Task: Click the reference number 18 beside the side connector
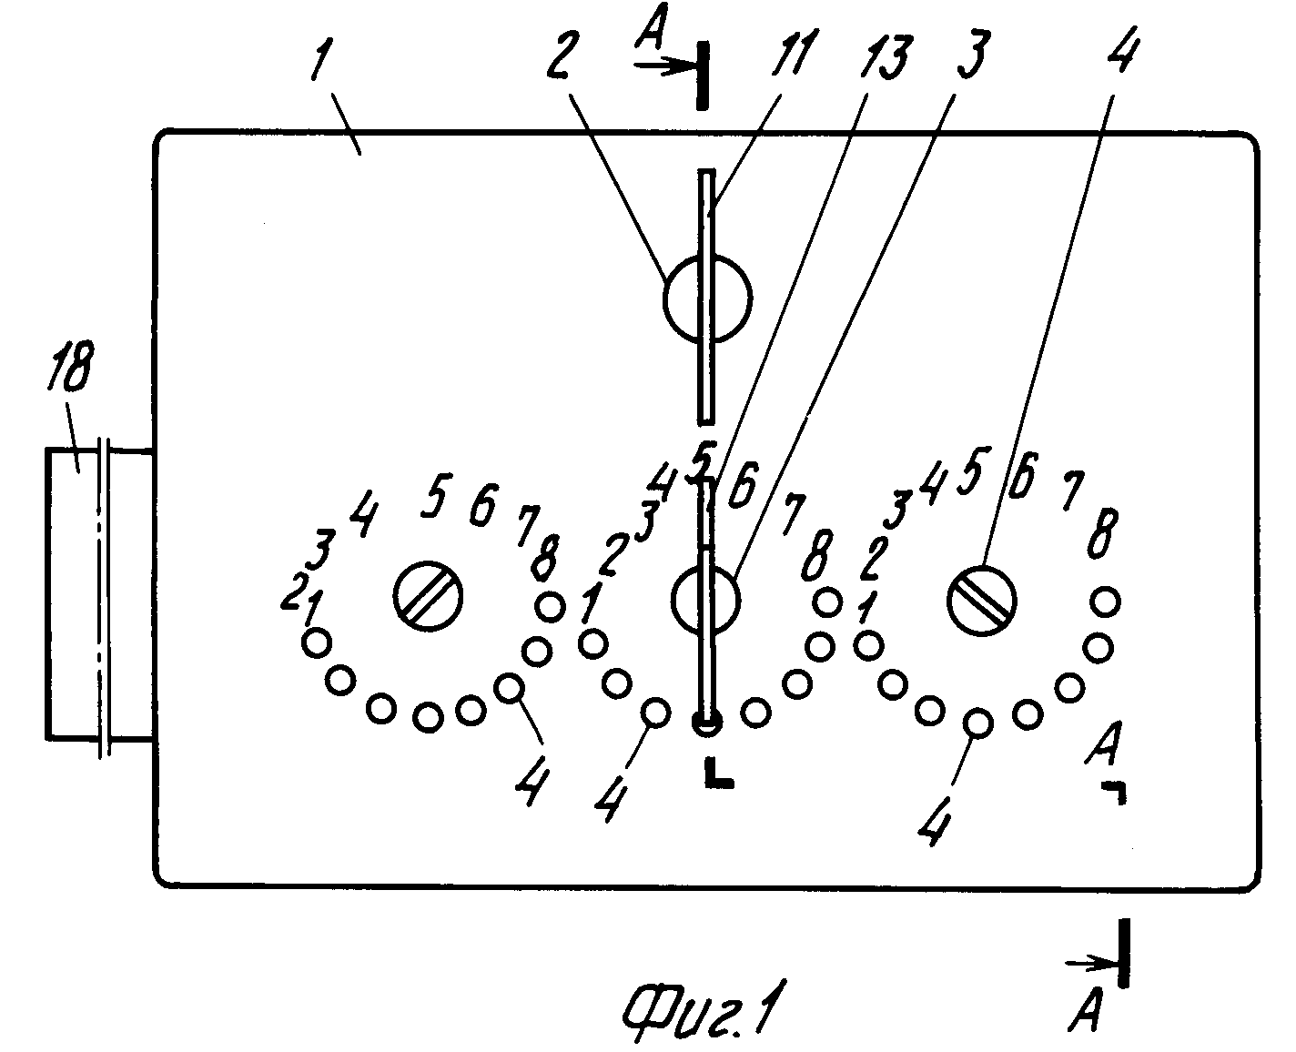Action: point(70,366)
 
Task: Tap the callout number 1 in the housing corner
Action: point(321,61)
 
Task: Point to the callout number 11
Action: point(793,52)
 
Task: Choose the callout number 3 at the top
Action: point(972,54)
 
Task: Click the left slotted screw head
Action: point(428,596)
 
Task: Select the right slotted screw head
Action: point(982,601)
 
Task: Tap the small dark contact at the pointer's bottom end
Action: point(707,723)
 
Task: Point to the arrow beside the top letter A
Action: point(663,66)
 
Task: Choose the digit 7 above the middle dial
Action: point(794,513)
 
